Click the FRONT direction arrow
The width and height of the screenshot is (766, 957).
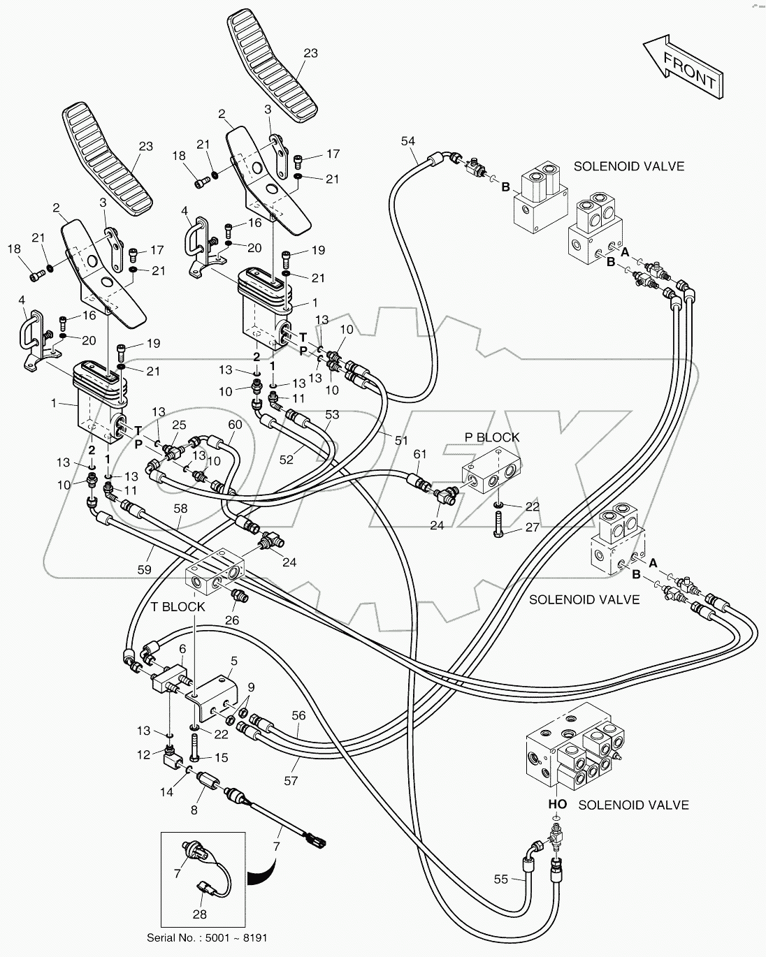682,70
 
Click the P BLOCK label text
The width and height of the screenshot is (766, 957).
492,438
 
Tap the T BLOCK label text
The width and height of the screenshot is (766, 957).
178,607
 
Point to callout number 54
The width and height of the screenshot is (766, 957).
407,141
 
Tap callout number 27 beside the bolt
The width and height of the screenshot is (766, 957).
532,528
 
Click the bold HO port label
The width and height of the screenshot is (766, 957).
557,805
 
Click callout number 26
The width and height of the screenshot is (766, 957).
231,619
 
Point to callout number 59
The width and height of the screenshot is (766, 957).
144,570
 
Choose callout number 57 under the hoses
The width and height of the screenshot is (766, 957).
291,781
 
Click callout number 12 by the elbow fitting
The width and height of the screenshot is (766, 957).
143,754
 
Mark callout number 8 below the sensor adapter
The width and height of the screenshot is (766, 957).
194,811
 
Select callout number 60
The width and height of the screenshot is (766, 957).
234,425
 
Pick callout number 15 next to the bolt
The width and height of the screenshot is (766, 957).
221,758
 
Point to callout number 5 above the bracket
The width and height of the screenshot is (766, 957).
233,660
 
